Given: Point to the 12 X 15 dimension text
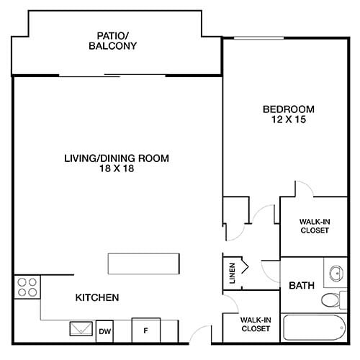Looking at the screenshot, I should [288, 120].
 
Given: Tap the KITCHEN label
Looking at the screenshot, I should [97, 297].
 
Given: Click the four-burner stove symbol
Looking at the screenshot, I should [27, 287].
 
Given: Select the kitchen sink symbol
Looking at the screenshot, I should [78, 329].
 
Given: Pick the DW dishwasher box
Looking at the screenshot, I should [104, 331].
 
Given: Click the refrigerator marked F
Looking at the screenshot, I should [145, 330].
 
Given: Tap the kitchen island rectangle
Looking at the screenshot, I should [143, 264].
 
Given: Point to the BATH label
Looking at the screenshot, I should [302, 286].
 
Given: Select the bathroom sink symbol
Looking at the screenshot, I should [336, 273].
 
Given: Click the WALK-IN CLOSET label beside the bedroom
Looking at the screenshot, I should [314, 226].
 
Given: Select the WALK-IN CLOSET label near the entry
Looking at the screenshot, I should [255, 323].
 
